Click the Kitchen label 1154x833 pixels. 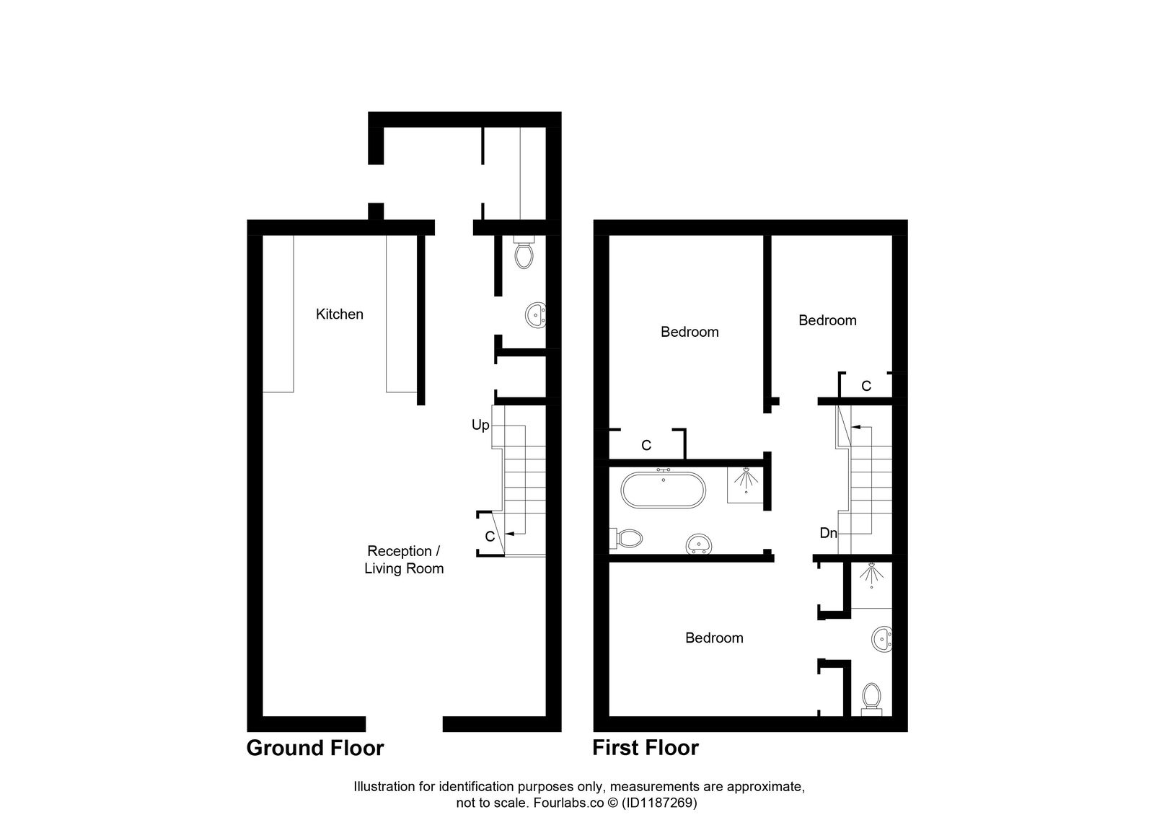pos(339,314)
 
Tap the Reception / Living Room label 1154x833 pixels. pos(403,560)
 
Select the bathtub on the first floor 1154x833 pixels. pos(663,490)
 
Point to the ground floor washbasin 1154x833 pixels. pos(535,315)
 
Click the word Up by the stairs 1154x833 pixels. pos(480,426)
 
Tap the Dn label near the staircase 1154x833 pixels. pos(828,534)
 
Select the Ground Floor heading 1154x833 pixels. pos(315,748)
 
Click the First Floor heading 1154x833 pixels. pos(645,748)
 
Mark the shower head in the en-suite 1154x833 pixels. pos(872,575)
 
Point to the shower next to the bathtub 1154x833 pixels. pos(745,482)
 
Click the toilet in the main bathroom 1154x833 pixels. pos(628,537)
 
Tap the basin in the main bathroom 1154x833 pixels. pos(697,543)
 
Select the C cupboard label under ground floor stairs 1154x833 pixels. pos(490,537)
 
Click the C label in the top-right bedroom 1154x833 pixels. pos(866,387)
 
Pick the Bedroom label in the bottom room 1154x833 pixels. pos(714,638)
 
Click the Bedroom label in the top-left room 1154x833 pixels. pos(690,332)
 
